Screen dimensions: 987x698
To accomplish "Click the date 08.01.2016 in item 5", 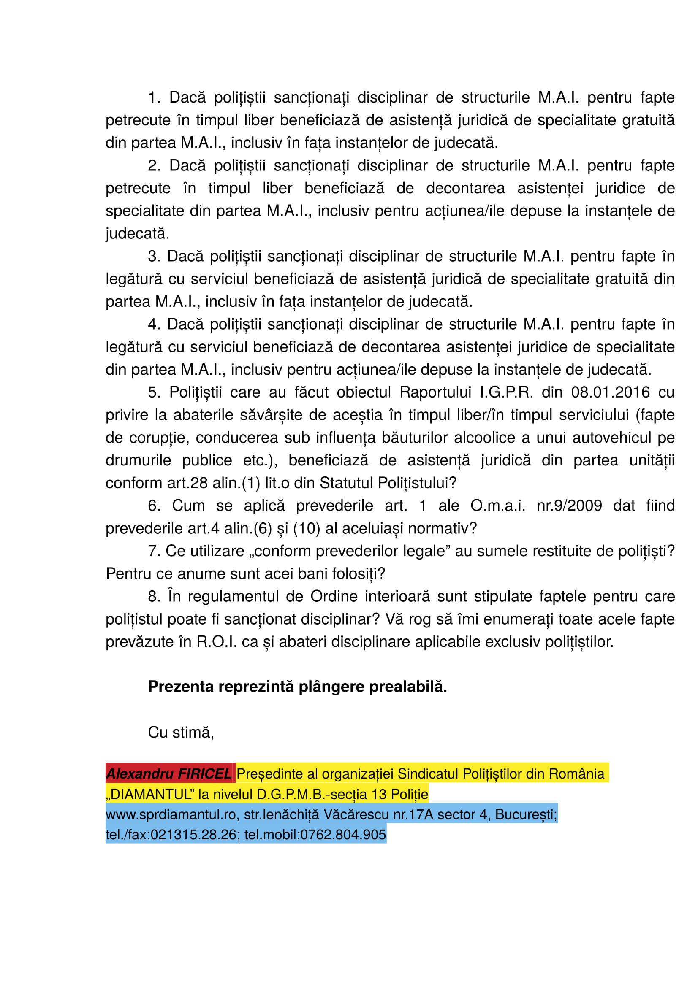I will [610, 392].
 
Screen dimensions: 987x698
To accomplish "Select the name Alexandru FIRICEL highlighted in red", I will [168, 774].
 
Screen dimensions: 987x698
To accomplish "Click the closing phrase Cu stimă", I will [181, 732].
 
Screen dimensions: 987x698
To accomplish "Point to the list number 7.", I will [154, 551].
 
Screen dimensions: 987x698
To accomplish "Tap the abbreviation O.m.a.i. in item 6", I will [497, 506].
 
